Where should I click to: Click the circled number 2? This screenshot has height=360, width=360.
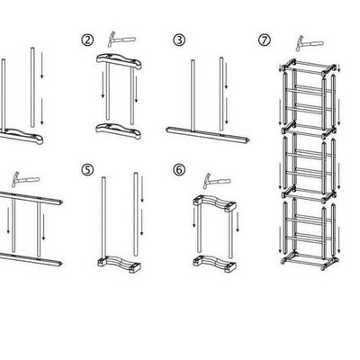87,40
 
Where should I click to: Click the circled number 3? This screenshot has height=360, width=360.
179,40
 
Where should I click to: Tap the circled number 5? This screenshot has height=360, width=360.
87,170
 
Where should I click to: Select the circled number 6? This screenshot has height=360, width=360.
179,170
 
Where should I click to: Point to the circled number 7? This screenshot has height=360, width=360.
265,40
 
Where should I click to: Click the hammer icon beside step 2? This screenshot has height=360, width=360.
121,39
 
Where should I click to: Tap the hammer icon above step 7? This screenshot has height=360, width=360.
309,43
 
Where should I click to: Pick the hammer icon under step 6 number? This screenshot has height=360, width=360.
216,181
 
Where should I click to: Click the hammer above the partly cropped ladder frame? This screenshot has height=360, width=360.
25,179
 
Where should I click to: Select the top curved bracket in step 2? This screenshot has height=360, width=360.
119,61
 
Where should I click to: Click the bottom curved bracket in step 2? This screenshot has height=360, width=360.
119,130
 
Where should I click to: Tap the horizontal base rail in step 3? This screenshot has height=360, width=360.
208,135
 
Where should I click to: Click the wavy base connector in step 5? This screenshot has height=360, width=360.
119,264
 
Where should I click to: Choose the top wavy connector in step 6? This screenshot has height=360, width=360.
214,203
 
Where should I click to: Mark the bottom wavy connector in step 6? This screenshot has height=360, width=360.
214,263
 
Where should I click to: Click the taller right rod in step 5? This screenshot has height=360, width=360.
136,214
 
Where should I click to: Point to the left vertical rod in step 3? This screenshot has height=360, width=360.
193,95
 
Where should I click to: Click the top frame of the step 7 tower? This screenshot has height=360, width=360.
309,67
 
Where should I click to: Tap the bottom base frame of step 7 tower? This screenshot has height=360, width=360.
309,261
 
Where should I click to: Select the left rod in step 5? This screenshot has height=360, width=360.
103,218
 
